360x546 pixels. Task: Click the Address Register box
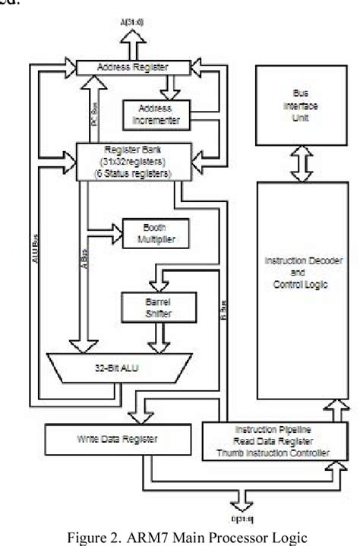[134, 68]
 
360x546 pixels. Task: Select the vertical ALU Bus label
[36, 244]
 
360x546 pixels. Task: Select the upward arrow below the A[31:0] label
[134, 47]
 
